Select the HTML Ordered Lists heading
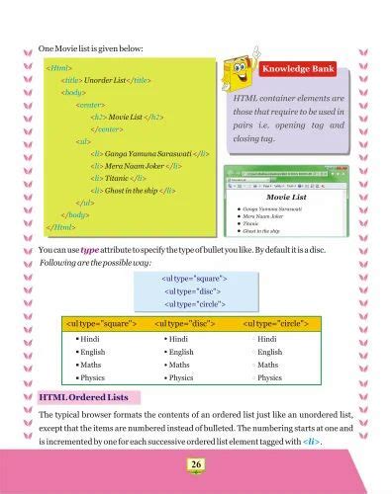tap(89, 397)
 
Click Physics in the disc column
tap(180, 377)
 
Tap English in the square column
tap(93, 352)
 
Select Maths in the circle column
tap(268, 365)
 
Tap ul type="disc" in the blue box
tap(194, 291)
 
